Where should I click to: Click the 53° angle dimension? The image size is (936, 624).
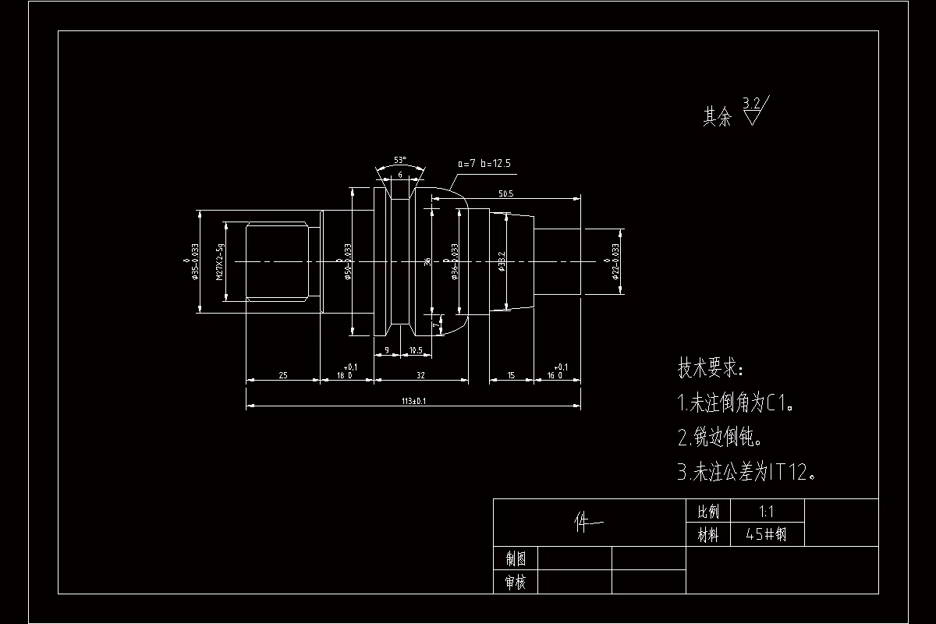400,159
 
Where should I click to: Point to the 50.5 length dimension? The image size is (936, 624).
505,193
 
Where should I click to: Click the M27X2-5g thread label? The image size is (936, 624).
221,261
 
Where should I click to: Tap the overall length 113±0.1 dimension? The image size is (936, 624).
413,401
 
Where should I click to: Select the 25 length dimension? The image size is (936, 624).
282,375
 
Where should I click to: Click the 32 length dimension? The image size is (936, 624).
420,375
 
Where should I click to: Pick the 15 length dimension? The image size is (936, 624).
511,375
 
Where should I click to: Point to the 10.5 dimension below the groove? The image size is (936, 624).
415,351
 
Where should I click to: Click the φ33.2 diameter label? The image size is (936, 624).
502,261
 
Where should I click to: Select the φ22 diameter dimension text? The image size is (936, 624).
615,261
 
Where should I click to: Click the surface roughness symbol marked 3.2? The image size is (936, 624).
754,111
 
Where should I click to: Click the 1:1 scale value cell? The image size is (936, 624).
766,512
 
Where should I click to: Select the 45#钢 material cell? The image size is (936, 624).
766,535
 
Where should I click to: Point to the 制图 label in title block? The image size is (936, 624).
516,558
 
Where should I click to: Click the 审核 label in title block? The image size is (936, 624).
516,582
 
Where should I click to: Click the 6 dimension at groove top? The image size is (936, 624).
400,175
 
